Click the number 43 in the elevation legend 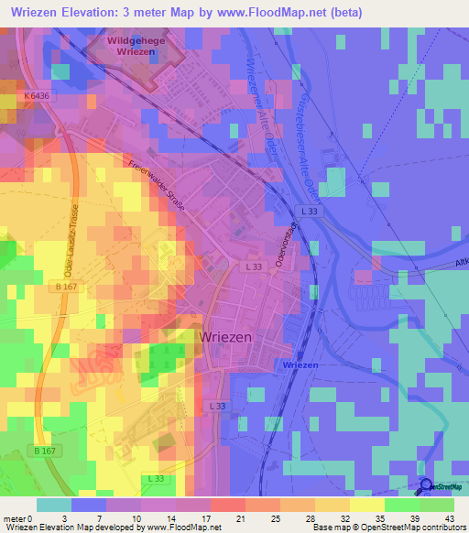click(448, 518)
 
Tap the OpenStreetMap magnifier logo click(425, 487)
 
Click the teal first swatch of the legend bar click(54, 505)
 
